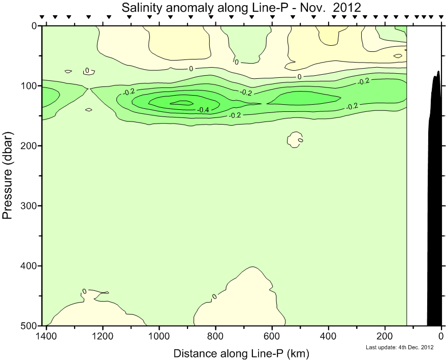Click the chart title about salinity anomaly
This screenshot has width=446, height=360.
241,7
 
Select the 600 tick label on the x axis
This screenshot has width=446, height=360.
272,336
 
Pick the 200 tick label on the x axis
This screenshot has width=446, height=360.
385,336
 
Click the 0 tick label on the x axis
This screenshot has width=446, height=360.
441,336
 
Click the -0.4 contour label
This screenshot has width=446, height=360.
204,110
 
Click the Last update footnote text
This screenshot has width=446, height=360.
399,348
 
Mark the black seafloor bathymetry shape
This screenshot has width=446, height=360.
435,203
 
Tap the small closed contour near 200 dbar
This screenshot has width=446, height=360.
296,139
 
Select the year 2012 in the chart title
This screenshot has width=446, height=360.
346,7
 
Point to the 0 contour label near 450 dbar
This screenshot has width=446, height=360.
214,296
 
